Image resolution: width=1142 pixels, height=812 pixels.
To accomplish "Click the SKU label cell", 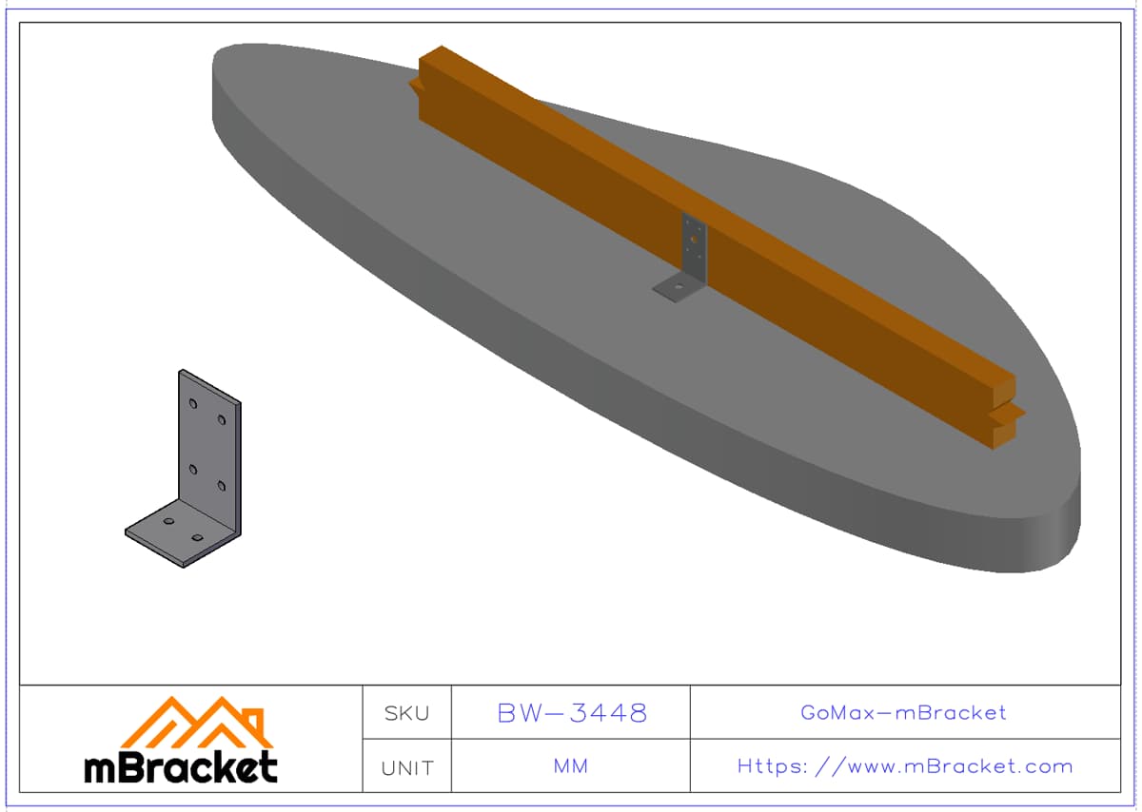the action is (x=407, y=713).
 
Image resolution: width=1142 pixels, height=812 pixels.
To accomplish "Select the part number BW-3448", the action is (x=572, y=713).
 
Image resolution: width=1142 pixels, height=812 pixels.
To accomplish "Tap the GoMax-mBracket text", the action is (x=903, y=713).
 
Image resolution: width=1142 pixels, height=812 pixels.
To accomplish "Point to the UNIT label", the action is (x=407, y=767).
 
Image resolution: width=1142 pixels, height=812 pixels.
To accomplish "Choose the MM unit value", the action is (x=571, y=766).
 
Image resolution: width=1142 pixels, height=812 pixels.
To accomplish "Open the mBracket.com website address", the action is (x=905, y=766).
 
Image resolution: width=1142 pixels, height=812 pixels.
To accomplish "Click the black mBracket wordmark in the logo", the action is (x=181, y=767).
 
